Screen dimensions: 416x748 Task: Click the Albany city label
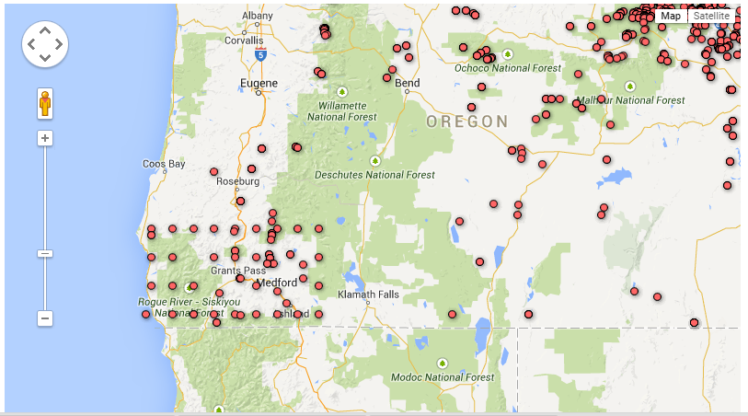pos(257,16)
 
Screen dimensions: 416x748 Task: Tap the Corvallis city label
pos(244,40)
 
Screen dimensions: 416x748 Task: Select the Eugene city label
pos(258,84)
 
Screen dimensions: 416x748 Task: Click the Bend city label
pos(407,83)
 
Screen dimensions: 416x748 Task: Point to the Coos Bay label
pos(164,164)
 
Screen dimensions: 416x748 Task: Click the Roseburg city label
pos(237,181)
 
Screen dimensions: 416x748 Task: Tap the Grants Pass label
pos(232,271)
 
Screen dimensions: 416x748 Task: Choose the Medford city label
pos(276,283)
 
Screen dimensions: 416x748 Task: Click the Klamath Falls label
pos(369,295)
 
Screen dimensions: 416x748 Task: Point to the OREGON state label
pos(466,121)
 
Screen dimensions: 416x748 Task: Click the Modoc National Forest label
pos(443,376)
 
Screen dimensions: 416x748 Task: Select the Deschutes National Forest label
pos(375,174)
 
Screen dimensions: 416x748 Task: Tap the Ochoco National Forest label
pos(507,67)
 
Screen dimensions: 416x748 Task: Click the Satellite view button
pos(711,16)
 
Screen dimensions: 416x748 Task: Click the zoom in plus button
pos(44,138)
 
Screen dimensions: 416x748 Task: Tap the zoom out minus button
pos(44,318)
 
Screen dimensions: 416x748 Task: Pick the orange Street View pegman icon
pos(44,103)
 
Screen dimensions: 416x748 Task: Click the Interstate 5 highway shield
pos(261,55)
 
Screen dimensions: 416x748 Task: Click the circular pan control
pos(44,43)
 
